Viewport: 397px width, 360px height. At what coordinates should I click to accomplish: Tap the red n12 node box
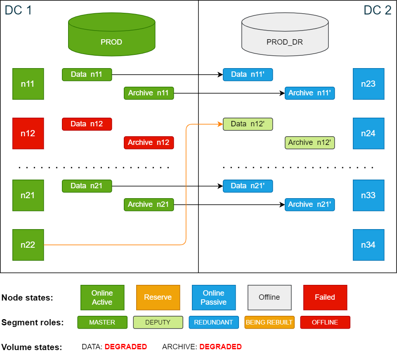click(x=28, y=133)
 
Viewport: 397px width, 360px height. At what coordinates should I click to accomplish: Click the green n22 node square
click(x=28, y=245)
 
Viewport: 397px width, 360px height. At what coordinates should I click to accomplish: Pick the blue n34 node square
click(x=369, y=245)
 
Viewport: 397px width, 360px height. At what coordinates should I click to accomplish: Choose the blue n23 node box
click(x=369, y=84)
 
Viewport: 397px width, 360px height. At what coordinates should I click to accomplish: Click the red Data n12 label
click(x=87, y=124)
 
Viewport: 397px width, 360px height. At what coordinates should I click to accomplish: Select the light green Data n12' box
click(x=248, y=124)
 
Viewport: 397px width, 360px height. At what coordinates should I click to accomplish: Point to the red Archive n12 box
click(x=149, y=142)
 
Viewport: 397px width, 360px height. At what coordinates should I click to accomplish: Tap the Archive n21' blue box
click(x=310, y=204)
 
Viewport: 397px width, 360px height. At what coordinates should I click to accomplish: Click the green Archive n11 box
click(x=149, y=93)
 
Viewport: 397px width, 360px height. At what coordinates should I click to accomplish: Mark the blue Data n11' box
click(x=248, y=74)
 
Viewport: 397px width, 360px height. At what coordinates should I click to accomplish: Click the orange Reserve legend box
click(x=158, y=297)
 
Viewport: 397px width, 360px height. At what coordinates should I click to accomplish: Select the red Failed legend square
click(x=325, y=297)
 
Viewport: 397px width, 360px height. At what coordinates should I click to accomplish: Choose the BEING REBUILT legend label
click(x=269, y=322)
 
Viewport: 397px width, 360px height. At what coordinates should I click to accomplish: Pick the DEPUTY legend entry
click(x=158, y=322)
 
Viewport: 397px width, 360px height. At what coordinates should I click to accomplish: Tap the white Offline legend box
click(x=269, y=297)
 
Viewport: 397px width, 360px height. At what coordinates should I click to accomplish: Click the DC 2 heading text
click(x=377, y=10)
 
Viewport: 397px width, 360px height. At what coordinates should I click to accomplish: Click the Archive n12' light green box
click(x=310, y=142)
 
